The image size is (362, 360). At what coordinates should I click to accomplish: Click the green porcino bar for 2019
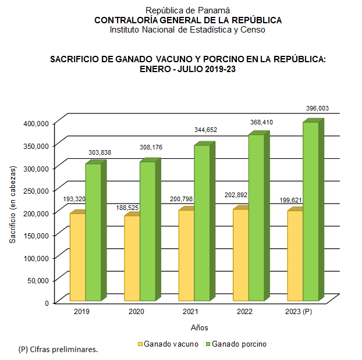tap(93, 233)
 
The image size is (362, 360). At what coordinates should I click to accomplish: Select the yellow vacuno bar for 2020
tap(132, 259)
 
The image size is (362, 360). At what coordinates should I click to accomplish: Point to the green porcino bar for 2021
tap(202, 224)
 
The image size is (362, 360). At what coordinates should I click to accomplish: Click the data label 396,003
tap(318, 108)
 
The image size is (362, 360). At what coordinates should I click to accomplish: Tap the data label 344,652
tap(205, 130)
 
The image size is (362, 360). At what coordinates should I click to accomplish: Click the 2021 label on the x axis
tap(190, 312)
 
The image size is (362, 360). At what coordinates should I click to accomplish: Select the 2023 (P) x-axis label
tap(299, 312)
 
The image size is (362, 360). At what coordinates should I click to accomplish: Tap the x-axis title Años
tap(199, 327)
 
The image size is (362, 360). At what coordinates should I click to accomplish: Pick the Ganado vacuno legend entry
tap(167, 344)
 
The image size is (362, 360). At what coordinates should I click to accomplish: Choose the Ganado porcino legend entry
tap(235, 344)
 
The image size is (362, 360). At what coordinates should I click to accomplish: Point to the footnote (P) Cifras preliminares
tap(58, 350)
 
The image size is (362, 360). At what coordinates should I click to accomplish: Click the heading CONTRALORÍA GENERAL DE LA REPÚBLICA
tap(188, 20)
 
